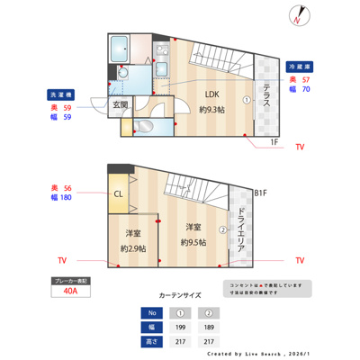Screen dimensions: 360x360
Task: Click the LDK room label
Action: pos(211,94)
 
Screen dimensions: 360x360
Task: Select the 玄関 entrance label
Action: pos(120,105)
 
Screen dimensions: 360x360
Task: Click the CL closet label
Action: pos(118,193)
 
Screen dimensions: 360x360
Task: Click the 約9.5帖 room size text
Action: pos(192,242)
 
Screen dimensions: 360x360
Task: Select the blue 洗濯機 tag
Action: pos(59,94)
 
